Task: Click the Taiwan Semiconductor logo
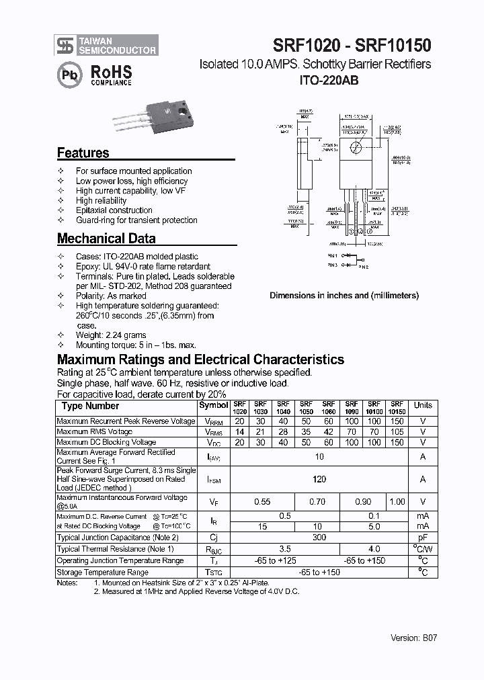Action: [107, 45]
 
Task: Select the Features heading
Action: [83, 153]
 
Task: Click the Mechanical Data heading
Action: [106, 239]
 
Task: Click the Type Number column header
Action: [90, 406]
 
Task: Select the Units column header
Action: [423, 406]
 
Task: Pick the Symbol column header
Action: [214, 406]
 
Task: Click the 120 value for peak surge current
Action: [319, 479]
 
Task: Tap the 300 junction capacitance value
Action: [319, 538]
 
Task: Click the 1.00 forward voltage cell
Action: [397, 501]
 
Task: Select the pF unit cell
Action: [423, 538]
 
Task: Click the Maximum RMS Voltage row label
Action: [94, 431]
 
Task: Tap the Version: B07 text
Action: [414, 638]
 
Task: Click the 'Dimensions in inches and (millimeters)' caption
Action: [344, 295]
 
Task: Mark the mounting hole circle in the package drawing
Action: [356, 148]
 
